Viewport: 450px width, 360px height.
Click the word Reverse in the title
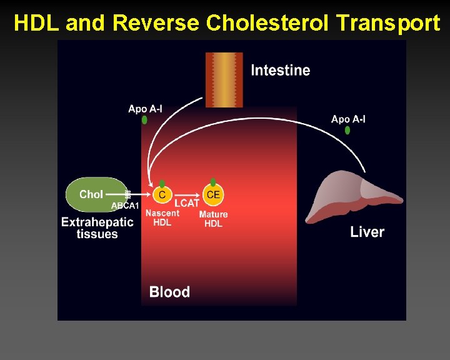(157, 24)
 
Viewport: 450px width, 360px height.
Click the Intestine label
(280, 70)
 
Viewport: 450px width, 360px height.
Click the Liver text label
(367, 232)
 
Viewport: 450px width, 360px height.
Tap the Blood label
(169, 292)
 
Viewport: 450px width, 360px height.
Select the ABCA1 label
(125, 206)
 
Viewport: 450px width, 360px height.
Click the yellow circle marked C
(162, 195)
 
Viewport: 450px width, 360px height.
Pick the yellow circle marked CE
(213, 195)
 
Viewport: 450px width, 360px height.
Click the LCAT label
(187, 203)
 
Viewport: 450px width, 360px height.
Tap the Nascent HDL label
(162, 217)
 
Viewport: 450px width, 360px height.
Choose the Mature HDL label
(213, 219)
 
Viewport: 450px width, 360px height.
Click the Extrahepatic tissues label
(97, 227)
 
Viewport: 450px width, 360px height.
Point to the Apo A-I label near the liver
(348, 119)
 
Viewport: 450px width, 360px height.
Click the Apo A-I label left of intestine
(145, 109)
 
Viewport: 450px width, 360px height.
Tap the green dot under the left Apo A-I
(145, 120)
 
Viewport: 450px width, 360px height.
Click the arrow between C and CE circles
(187, 194)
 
